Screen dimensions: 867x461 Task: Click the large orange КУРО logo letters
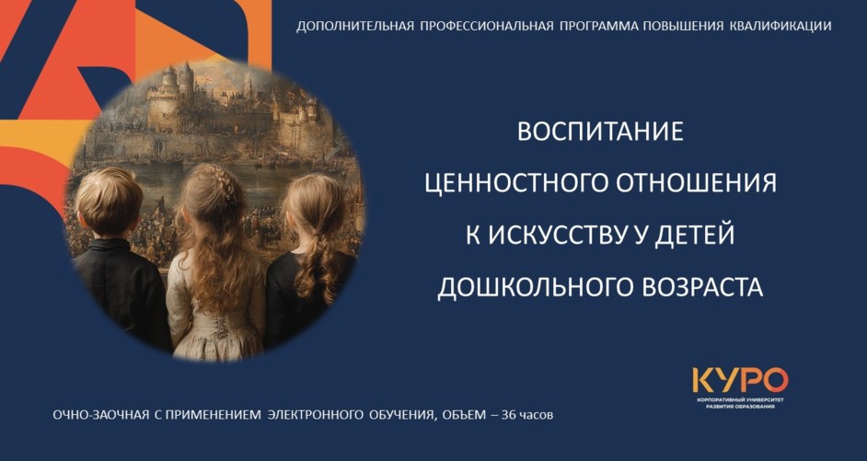click(740, 380)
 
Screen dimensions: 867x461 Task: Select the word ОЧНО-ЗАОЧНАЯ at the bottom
click(101, 415)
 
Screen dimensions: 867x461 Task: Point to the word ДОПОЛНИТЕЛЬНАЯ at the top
click(355, 27)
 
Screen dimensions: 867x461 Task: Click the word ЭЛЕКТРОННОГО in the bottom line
click(315, 415)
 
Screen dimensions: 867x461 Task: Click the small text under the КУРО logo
click(740, 402)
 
